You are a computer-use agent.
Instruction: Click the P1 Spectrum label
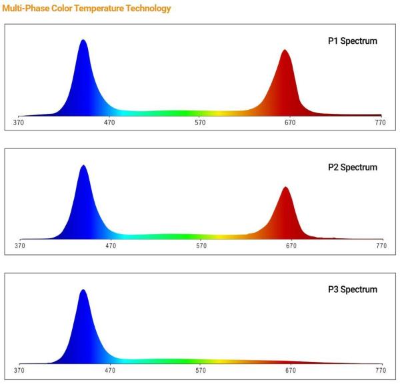click(353, 41)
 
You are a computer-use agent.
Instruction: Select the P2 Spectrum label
click(353, 167)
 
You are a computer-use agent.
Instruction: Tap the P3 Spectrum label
click(353, 289)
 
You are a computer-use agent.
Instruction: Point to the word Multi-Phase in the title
click(26, 8)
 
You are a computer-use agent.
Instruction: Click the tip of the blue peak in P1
click(83, 40)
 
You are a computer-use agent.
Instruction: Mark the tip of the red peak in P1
click(285, 50)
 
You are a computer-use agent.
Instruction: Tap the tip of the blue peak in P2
click(83, 165)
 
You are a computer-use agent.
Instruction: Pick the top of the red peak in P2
click(286, 187)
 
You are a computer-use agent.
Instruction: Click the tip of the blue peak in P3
click(83, 289)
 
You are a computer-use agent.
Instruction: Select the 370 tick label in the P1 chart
click(19, 122)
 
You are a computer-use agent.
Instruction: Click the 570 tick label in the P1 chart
click(200, 122)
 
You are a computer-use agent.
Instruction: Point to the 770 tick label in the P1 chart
click(381, 122)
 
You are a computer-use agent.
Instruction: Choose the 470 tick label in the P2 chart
click(111, 246)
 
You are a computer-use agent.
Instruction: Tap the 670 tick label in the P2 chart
click(291, 246)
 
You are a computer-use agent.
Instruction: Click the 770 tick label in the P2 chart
click(381, 246)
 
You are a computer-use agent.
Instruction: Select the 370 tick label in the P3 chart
click(19, 370)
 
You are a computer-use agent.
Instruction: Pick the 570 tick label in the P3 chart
click(201, 370)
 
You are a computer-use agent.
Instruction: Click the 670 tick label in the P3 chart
click(291, 370)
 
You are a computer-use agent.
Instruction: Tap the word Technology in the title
click(149, 9)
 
